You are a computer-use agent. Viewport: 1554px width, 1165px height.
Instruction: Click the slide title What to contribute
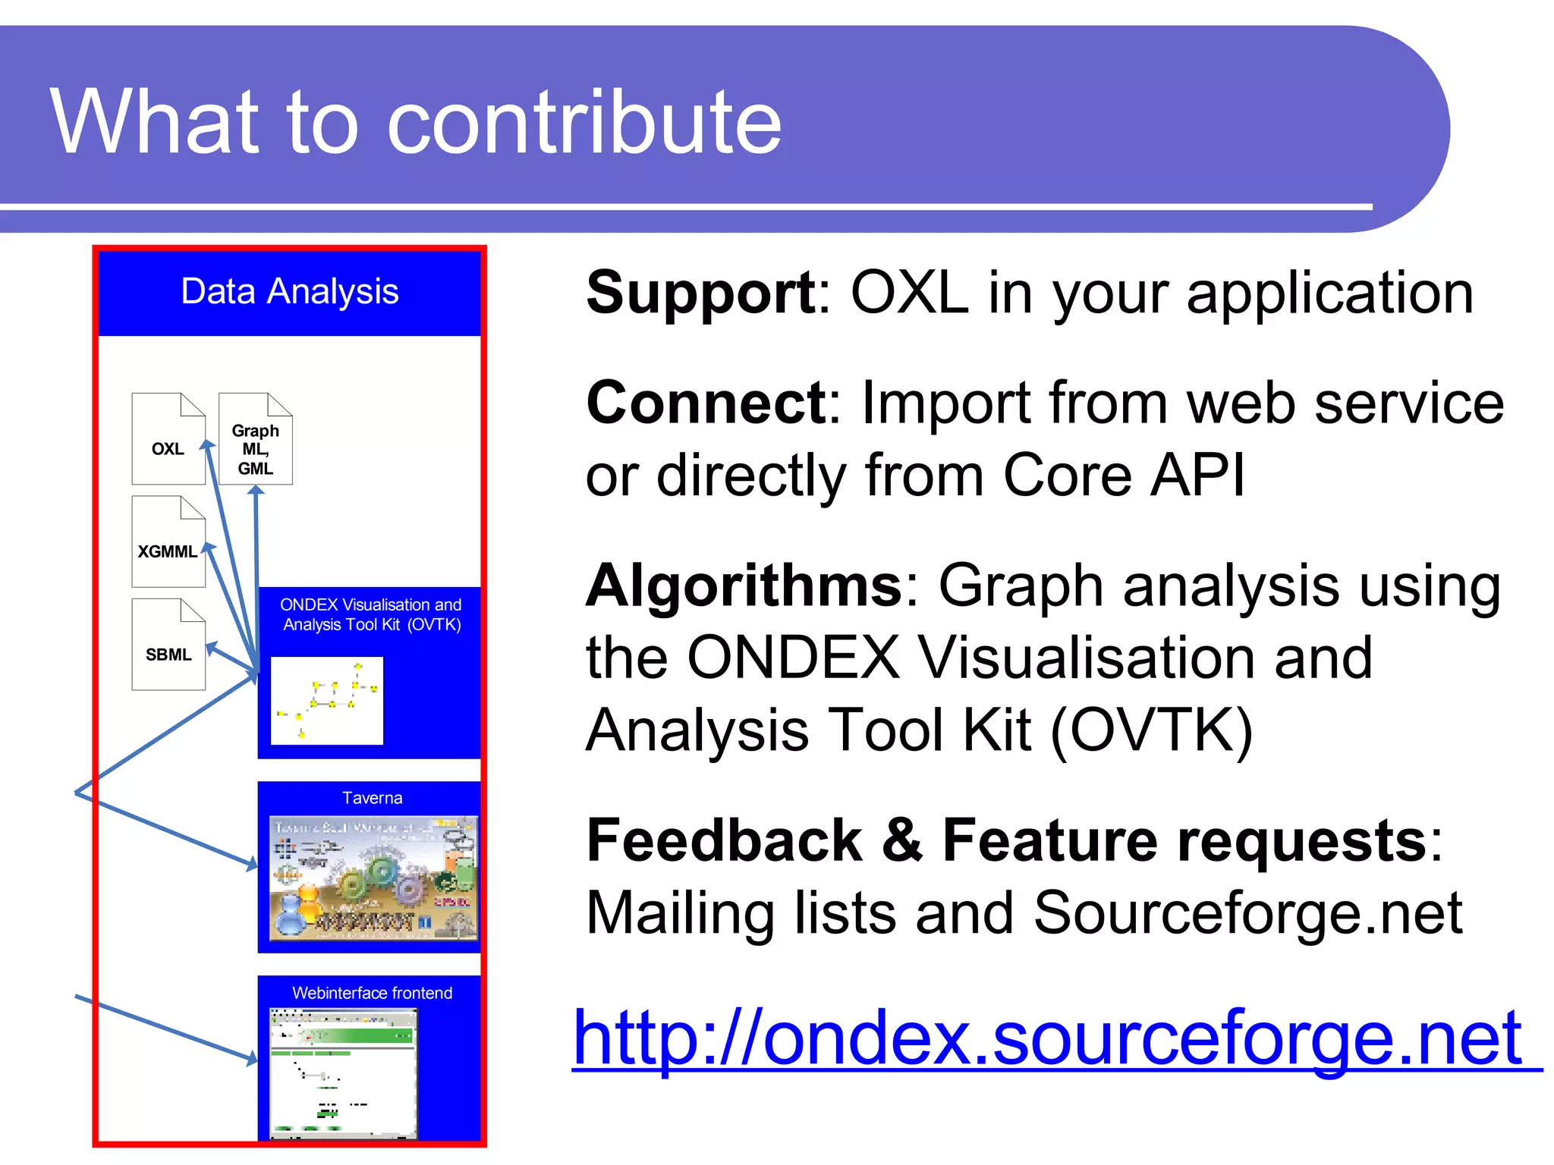[416, 121]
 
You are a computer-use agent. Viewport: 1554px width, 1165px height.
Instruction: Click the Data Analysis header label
[289, 292]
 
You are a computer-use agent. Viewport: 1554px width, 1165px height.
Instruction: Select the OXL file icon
[168, 439]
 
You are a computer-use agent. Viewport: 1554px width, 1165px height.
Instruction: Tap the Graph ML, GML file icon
[256, 439]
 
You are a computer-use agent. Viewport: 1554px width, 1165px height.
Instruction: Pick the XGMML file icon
[168, 542]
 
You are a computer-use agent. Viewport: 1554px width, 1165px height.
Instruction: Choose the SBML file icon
[168, 645]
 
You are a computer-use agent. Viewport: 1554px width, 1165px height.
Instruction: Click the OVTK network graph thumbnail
[327, 701]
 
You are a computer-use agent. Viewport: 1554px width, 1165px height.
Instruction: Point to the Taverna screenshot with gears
[373, 878]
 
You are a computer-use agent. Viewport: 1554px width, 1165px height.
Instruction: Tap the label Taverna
[372, 798]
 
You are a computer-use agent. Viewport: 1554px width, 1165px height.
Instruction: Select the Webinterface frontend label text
[372, 993]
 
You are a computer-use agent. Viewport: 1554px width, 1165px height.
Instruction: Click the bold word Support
[700, 294]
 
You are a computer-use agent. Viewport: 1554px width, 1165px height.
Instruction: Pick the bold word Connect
[706, 403]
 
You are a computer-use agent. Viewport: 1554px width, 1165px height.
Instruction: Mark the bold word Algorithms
[744, 586]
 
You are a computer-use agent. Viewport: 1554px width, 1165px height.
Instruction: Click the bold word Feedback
[724, 840]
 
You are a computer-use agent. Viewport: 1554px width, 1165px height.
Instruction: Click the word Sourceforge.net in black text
[1247, 913]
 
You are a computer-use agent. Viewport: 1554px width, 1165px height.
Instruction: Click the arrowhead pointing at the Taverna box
[253, 863]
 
